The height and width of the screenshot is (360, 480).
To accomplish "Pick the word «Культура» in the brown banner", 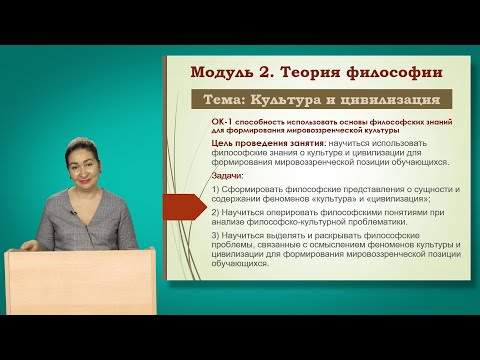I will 285,100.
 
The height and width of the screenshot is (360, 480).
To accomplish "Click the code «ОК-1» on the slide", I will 223,121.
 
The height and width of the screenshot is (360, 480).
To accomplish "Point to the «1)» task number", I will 217,188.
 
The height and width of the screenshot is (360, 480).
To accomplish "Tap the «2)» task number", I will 217,212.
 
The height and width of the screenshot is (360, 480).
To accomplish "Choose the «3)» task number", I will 217,235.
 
